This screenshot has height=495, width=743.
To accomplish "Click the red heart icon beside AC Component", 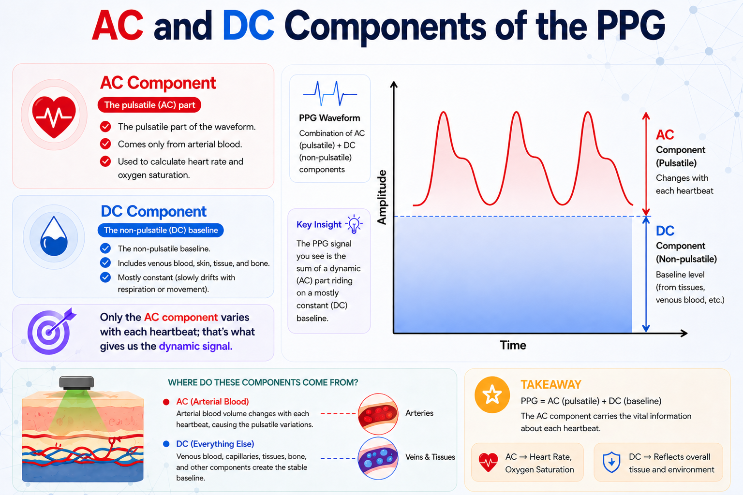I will tap(54, 116).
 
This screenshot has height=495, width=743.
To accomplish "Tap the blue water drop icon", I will tap(54, 237).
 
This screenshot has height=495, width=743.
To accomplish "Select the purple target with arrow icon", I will tap(50, 332).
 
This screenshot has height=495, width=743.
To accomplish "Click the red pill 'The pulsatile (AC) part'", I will tap(149, 105).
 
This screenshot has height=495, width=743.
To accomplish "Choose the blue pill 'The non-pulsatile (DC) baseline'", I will tap(161, 230).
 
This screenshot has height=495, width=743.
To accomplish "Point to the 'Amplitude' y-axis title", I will tap(382, 197).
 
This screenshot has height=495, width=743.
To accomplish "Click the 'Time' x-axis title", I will tap(513, 345).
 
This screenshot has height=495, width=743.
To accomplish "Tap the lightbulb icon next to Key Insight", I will tap(355, 224).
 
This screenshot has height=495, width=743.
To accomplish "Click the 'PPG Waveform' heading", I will tap(329, 118).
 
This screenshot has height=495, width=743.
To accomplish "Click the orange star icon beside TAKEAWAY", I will tap(492, 394).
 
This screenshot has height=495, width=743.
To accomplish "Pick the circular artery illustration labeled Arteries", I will tap(378, 414).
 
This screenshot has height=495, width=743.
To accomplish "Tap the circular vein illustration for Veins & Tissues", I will tap(378, 458).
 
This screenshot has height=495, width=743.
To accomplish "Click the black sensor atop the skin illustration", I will tap(76, 383).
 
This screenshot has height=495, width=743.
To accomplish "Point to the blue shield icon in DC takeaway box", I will tap(611, 463).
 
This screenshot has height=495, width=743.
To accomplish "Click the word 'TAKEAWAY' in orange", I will tap(550, 385).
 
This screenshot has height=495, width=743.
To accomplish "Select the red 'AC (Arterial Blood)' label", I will tap(212, 402).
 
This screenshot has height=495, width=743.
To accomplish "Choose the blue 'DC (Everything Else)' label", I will tap(215, 444).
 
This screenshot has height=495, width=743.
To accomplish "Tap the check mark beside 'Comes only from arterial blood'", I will tap(105, 144).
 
